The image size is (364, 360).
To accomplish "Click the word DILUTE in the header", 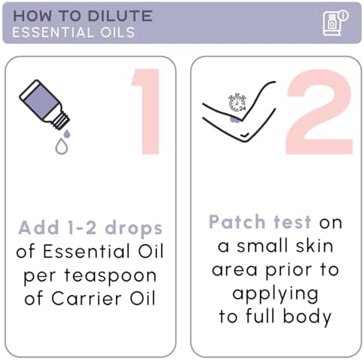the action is (x=121, y=16).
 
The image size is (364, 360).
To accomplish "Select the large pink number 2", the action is (x=320, y=111).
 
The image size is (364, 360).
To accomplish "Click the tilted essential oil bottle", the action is (x=44, y=104).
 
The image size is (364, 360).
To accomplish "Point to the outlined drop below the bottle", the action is (x=62, y=146).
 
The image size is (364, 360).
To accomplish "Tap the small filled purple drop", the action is (x=67, y=134).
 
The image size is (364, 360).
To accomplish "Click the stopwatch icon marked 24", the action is (x=237, y=102).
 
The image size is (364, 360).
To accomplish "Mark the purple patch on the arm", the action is (x=235, y=119).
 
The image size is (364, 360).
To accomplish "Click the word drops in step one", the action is (x=133, y=229).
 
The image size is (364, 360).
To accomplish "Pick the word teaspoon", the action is (x=111, y=276).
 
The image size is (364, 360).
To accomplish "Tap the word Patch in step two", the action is (x=237, y=222).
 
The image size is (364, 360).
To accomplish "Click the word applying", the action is (x=275, y=294).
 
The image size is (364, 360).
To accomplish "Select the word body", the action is (x=307, y=317).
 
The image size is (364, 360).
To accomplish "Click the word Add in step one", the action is (x=38, y=227).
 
